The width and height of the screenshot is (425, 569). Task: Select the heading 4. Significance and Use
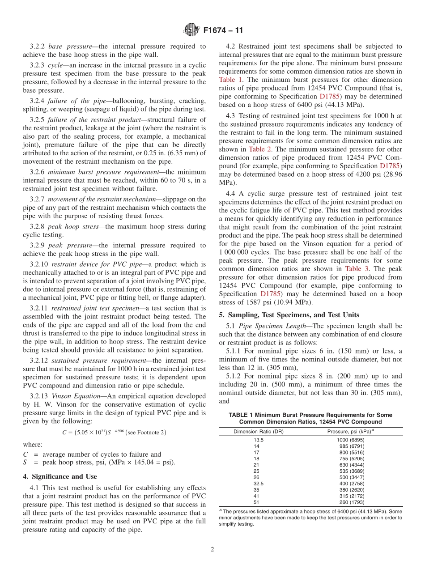coord(60,476)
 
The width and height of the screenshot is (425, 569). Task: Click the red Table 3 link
coord(357,269)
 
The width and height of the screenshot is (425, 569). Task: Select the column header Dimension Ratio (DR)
coord(258,432)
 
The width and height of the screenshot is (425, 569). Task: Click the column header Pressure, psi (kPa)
coord(350,432)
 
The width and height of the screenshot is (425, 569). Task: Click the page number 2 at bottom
coord(212,549)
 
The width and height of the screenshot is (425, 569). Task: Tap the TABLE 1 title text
coord(310,418)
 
